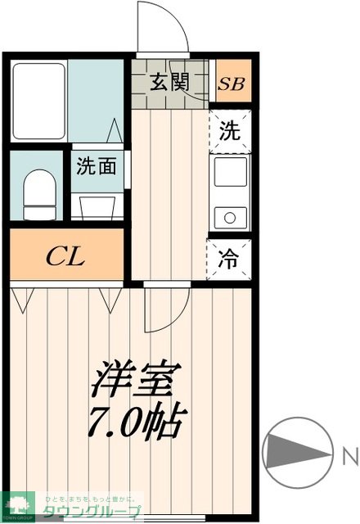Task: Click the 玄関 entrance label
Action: (x=170, y=82)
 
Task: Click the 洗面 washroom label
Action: (x=97, y=166)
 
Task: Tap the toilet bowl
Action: (x=38, y=193)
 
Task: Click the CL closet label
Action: (x=65, y=256)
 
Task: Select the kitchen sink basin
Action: (x=231, y=174)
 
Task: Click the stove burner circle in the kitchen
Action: (x=231, y=217)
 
